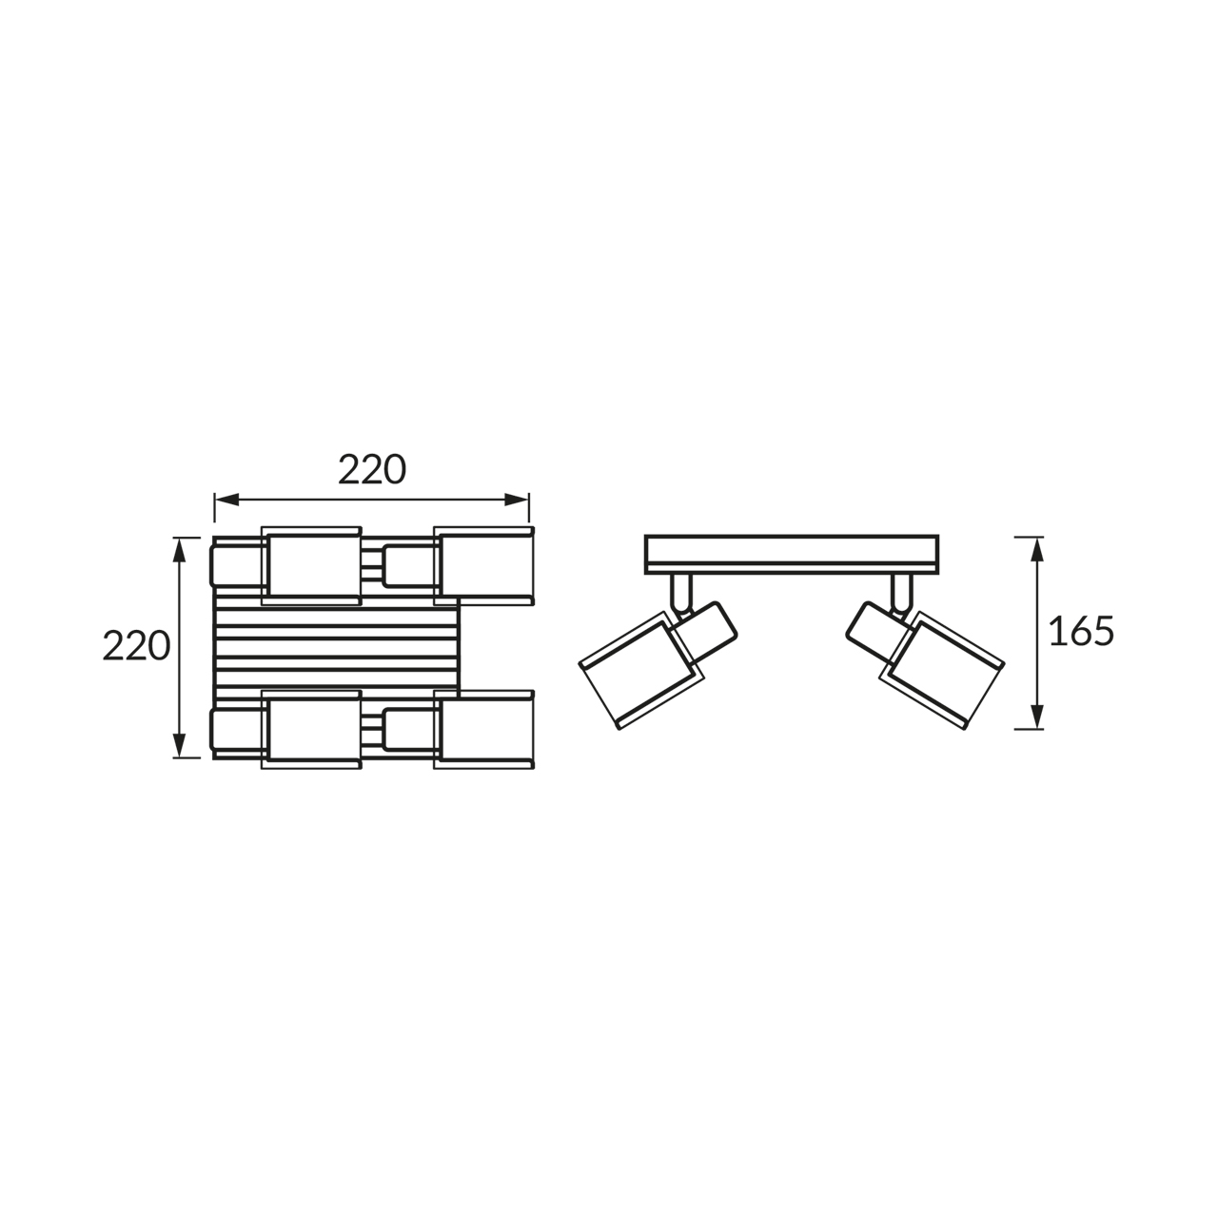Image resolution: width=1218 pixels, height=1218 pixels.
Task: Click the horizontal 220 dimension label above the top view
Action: point(372,470)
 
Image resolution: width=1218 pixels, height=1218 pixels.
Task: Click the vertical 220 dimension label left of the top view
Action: point(136,645)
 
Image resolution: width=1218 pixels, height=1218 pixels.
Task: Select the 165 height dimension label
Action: point(1081,631)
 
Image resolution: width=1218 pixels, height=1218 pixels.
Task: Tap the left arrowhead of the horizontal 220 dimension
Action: point(226,500)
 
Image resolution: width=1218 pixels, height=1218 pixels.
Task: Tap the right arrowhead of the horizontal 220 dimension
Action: point(517,500)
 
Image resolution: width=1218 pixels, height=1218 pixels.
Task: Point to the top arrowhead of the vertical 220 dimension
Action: point(180,550)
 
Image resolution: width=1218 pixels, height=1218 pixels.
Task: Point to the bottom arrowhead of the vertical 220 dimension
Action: point(180,745)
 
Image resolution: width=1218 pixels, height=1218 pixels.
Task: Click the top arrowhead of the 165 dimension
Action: point(1036,549)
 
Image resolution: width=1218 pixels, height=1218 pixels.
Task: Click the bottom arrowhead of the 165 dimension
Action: point(1036,717)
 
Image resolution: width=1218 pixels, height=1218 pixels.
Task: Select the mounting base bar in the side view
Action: point(792,555)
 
